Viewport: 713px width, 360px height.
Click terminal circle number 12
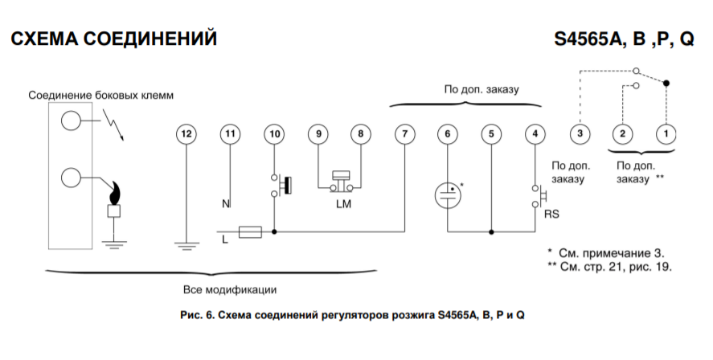coord(186,133)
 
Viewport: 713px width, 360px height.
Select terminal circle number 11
coord(231,133)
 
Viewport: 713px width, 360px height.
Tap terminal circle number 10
coord(275,133)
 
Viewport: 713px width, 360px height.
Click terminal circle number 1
coord(666,133)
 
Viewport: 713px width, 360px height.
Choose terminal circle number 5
coord(490,133)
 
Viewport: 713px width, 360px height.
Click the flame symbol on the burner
coord(115,194)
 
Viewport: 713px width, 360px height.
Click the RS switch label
coord(551,215)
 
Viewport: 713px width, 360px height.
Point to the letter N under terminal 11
coord(225,204)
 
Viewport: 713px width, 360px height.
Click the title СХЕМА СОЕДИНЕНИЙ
coord(114,39)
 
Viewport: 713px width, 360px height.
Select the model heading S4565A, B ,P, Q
coord(624,39)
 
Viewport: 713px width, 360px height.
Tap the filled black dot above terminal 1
coord(666,83)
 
